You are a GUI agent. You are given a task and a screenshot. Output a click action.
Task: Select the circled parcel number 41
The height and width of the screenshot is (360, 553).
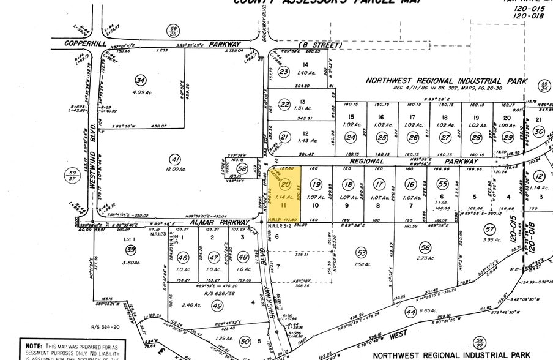click(x=176, y=159)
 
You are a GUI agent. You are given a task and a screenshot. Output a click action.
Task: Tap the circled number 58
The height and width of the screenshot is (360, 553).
click(x=242, y=168)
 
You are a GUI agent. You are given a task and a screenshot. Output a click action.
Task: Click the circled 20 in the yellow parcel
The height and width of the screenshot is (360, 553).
click(x=284, y=184)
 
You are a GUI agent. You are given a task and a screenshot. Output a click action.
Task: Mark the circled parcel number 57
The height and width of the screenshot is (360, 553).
click(x=489, y=229)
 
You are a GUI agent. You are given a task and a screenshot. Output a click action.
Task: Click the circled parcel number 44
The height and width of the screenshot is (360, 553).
click(x=409, y=312)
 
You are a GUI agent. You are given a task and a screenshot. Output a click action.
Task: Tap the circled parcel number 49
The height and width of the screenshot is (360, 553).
click(x=217, y=304)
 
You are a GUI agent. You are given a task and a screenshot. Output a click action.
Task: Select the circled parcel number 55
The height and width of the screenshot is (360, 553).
click(x=443, y=184)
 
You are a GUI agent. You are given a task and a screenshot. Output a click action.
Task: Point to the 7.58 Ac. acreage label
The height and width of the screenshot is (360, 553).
click(x=362, y=265)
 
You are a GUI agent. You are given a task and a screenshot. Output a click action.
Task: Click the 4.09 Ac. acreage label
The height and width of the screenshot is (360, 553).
click(x=141, y=93)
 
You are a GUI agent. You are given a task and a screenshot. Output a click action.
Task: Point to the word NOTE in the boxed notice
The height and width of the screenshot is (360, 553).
click(x=33, y=346)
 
